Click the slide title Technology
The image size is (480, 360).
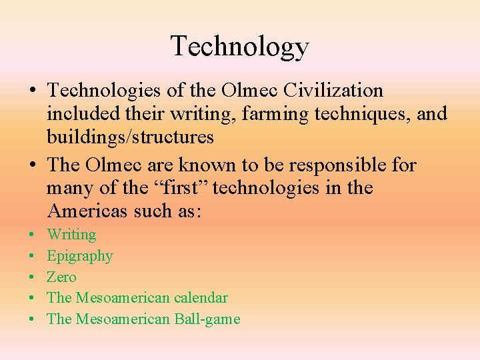(240, 47)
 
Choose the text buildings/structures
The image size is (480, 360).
(130, 137)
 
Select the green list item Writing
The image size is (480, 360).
(71, 235)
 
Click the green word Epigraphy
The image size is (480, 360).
(80, 256)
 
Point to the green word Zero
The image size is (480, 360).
(61, 277)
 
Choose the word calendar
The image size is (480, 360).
(198, 298)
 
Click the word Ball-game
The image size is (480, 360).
(207, 319)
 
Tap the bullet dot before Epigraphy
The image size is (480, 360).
(32, 256)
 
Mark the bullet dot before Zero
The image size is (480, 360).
(32, 277)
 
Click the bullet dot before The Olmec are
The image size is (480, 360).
(33, 165)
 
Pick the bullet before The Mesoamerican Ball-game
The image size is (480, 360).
(32, 319)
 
